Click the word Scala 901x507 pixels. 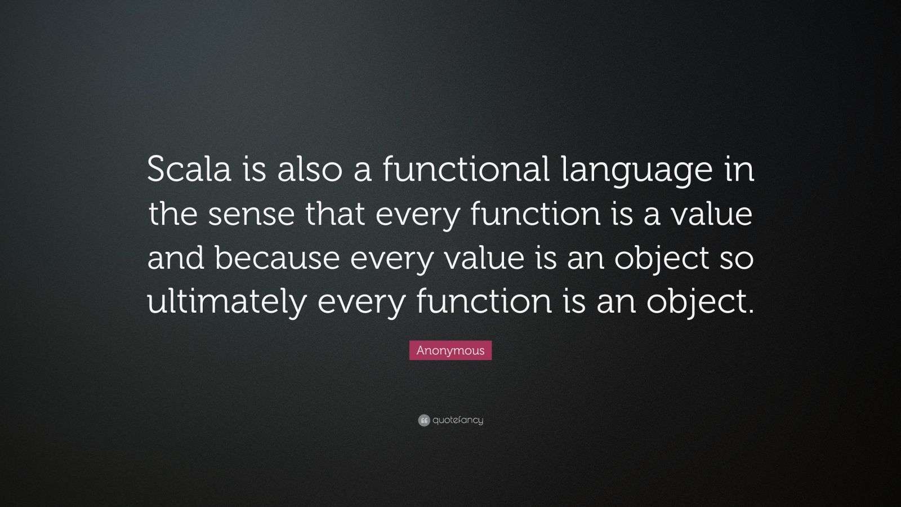[x=189, y=170]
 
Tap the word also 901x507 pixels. [x=309, y=170]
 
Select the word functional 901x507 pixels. [x=466, y=170]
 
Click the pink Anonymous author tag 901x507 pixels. [x=450, y=350]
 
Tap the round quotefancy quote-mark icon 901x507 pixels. [x=424, y=420]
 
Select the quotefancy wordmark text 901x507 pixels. [x=458, y=420]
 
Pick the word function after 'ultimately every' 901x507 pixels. [x=484, y=302]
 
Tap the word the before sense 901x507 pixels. [x=172, y=214]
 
